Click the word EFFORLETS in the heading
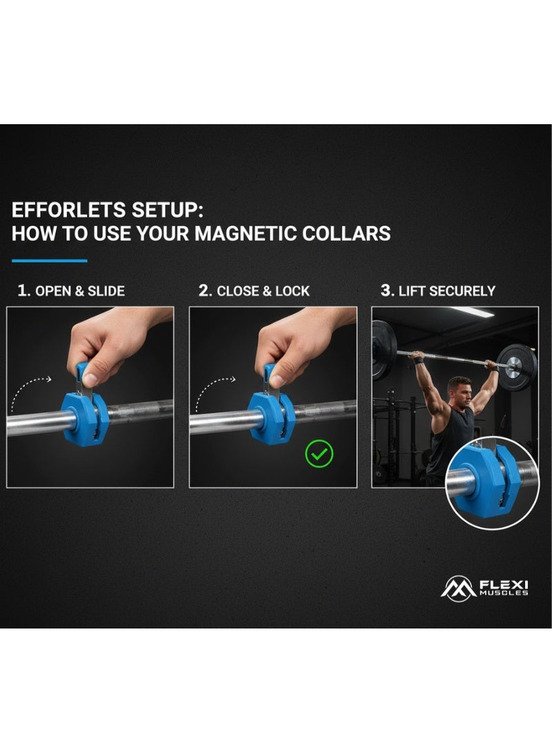click(68, 210)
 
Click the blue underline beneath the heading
click(50, 261)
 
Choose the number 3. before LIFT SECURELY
click(387, 290)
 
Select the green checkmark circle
click(319, 454)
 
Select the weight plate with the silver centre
click(516, 367)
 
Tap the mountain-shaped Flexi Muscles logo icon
click(458, 588)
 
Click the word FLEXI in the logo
click(504, 584)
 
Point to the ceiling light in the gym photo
click(473, 312)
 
